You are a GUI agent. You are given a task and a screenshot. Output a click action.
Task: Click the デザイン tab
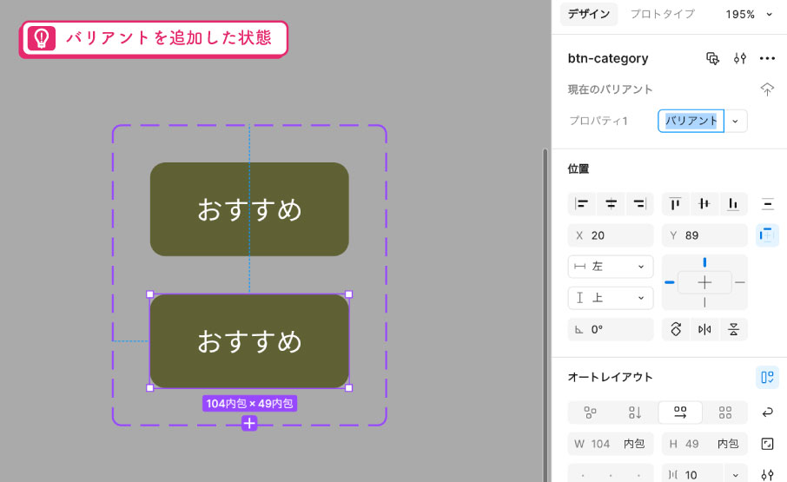coord(588,14)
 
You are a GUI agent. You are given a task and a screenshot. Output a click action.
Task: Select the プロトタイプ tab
coord(662,14)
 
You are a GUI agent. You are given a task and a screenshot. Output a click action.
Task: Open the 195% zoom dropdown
coord(749,15)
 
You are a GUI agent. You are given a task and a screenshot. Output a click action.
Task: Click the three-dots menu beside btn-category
coord(767,59)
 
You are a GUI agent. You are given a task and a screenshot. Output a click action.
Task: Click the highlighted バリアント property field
coord(691,121)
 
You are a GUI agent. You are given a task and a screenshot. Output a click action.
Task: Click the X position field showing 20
coord(611,235)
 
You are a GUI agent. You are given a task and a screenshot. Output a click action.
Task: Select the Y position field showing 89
coord(704,235)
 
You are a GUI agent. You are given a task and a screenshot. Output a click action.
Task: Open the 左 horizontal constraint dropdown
coord(611,267)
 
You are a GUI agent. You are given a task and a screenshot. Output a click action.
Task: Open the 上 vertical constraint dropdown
coord(611,298)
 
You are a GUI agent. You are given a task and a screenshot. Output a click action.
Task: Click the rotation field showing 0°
coord(611,329)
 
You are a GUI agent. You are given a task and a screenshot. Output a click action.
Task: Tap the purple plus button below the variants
coord(249,423)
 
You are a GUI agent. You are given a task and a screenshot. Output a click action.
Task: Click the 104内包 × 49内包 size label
coord(249,403)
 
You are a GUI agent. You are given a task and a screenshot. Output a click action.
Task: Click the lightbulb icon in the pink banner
coord(41,38)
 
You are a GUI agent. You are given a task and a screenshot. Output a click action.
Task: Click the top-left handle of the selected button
coord(149,294)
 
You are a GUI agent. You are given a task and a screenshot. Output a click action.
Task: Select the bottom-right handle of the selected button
coord(349,387)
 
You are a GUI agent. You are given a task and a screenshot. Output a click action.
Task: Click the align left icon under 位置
coord(582,203)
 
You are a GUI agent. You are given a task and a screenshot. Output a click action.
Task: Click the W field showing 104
coord(611,444)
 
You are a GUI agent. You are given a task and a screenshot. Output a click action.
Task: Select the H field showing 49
coord(704,444)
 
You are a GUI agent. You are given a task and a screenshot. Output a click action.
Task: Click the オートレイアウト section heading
coord(610,377)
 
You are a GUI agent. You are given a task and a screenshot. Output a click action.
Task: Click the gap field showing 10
coord(692,475)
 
